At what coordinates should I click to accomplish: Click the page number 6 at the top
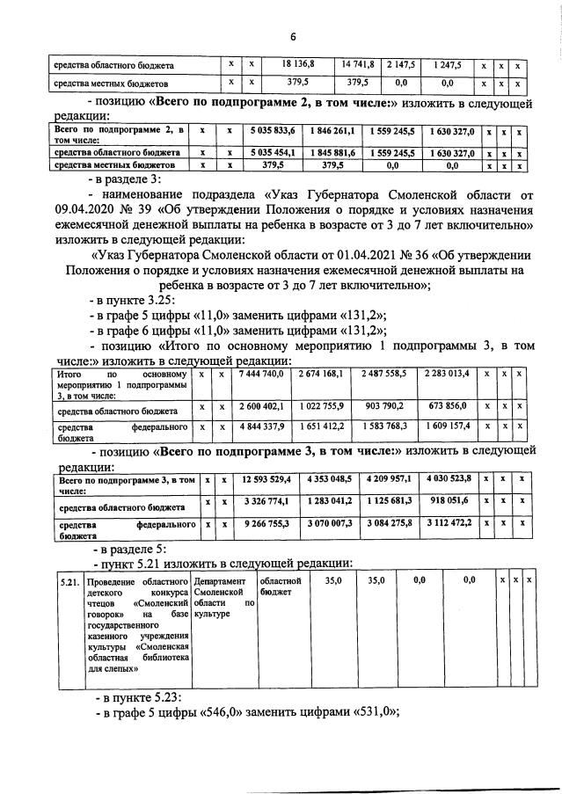click(294, 36)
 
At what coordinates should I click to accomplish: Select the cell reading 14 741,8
click(358, 64)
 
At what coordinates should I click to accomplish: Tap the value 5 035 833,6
click(273, 131)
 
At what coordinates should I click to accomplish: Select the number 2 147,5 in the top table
click(399, 64)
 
